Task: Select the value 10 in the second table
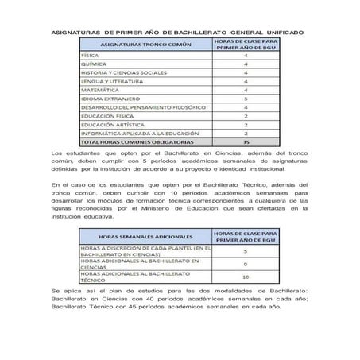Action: pyautogui.click(x=246, y=277)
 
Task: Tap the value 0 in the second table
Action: pyautogui.click(x=246, y=263)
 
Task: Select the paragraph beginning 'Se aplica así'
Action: pyautogui.click(x=180, y=300)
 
